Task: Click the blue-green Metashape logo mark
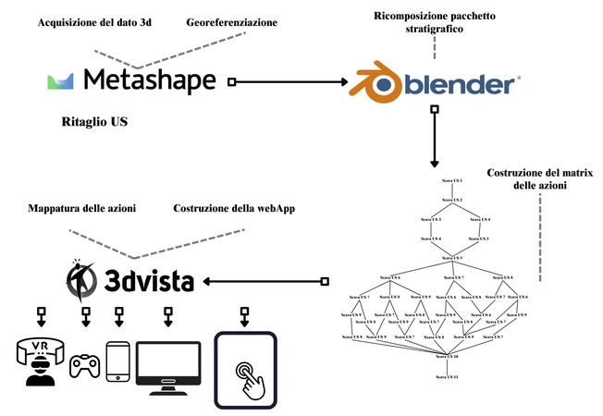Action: tap(61, 81)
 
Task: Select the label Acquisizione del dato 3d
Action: tap(94, 21)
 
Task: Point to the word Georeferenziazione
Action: tap(230, 21)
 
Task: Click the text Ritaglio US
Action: tap(93, 122)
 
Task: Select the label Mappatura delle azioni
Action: tap(82, 209)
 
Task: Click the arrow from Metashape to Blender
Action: tap(287, 82)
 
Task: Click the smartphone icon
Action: tap(118, 361)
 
